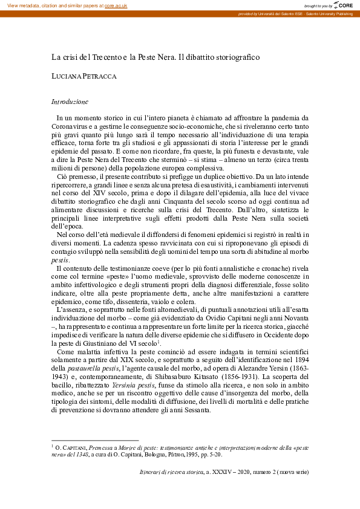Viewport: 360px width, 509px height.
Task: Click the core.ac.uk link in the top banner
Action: pos(116,5)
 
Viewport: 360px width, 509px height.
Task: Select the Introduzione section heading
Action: pos(70,102)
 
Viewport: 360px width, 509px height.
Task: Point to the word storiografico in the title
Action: pos(235,57)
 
